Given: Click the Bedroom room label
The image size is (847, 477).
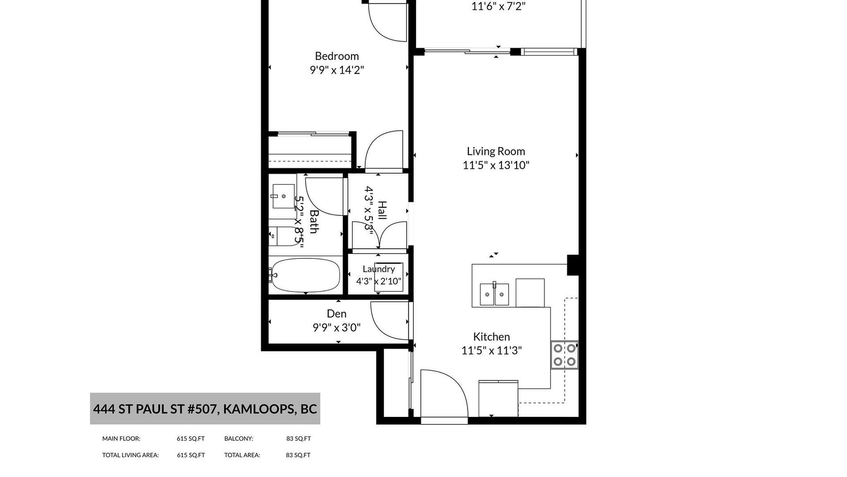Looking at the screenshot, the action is (337, 56).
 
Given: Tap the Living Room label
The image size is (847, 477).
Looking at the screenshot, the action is (496, 151).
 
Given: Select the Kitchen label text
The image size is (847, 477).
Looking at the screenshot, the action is (491, 337).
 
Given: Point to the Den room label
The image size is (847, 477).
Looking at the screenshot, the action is (337, 314).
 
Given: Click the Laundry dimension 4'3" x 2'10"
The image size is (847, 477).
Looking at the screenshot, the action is (379, 281).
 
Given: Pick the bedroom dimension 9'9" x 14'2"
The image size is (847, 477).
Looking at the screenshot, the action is (337, 70).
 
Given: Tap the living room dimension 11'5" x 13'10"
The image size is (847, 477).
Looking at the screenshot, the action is (496, 165).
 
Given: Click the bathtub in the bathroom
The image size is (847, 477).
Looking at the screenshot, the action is (305, 275).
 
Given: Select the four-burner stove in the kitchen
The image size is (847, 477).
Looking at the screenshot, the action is (564, 355).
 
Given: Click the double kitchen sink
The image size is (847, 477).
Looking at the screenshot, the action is (495, 294).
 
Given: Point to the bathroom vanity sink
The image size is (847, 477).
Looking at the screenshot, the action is (283, 196).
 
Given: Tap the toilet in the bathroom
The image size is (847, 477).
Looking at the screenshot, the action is (285, 237).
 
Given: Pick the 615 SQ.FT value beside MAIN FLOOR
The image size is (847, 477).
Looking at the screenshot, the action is (191, 439).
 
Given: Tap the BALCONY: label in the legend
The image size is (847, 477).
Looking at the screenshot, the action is (239, 439).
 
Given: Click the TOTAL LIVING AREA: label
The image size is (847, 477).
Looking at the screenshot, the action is (131, 455).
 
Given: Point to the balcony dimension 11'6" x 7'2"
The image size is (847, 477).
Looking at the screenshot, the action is (498, 6).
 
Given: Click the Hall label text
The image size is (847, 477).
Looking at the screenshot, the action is (382, 211).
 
